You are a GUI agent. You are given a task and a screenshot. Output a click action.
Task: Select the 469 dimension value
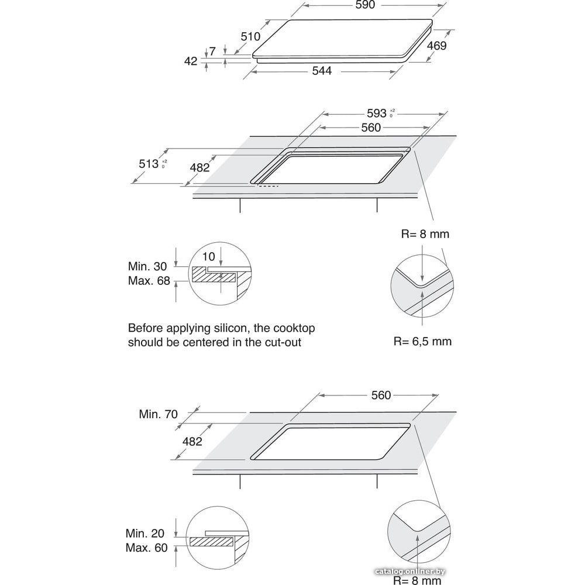click(436, 46)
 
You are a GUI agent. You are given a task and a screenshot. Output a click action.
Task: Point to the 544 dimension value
click(322, 71)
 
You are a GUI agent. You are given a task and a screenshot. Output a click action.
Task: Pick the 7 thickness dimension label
click(213, 51)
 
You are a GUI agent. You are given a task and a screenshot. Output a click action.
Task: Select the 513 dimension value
click(149, 164)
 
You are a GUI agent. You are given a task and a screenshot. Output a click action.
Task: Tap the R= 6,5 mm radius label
click(422, 341)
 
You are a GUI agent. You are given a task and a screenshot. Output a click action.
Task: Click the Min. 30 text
click(149, 266)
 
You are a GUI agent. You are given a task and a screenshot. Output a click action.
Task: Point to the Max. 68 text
click(149, 281)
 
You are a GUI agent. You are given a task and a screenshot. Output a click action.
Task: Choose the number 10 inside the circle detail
click(209, 257)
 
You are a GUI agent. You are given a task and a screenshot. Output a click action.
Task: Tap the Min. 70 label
click(158, 414)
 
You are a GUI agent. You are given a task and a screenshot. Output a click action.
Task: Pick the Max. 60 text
click(147, 548)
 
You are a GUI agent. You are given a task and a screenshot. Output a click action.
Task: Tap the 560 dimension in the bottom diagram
click(380, 395)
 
